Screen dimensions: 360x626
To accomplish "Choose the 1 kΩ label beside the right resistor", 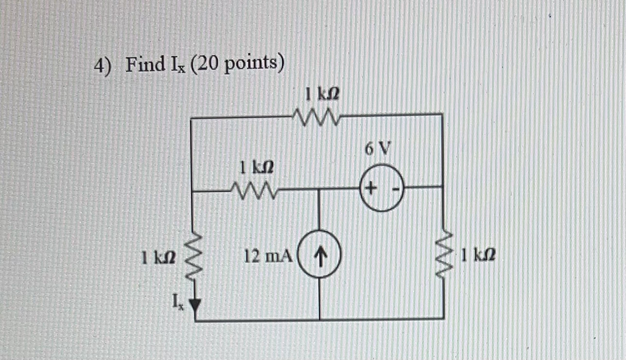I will pos(478,254).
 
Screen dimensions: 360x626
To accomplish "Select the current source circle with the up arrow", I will pos(320,254).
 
